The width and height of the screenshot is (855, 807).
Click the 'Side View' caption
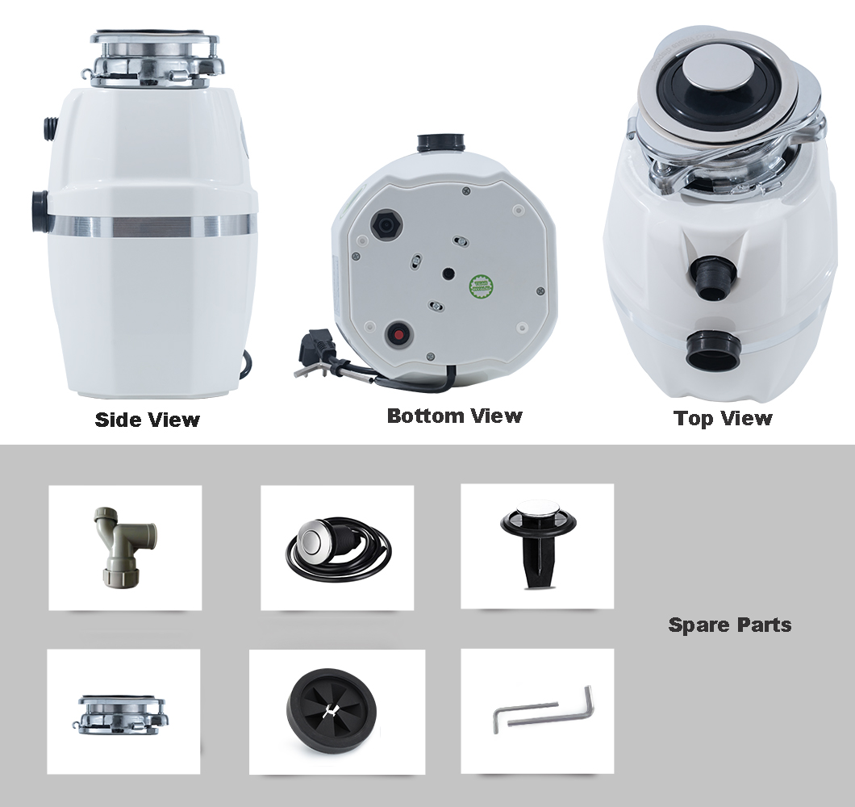[148, 420]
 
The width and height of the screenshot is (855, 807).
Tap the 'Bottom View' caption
[454, 416]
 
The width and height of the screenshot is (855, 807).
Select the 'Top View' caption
[723, 419]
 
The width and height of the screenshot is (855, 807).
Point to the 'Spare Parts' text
[730, 625]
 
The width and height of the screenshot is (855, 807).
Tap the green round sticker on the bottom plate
[479, 284]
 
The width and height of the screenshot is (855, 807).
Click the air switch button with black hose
[338, 549]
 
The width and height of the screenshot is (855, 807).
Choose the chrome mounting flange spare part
[119, 713]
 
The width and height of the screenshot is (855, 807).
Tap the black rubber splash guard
[331, 711]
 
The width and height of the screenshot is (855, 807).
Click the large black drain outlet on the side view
[40, 212]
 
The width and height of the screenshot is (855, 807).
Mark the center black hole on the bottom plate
[448, 274]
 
